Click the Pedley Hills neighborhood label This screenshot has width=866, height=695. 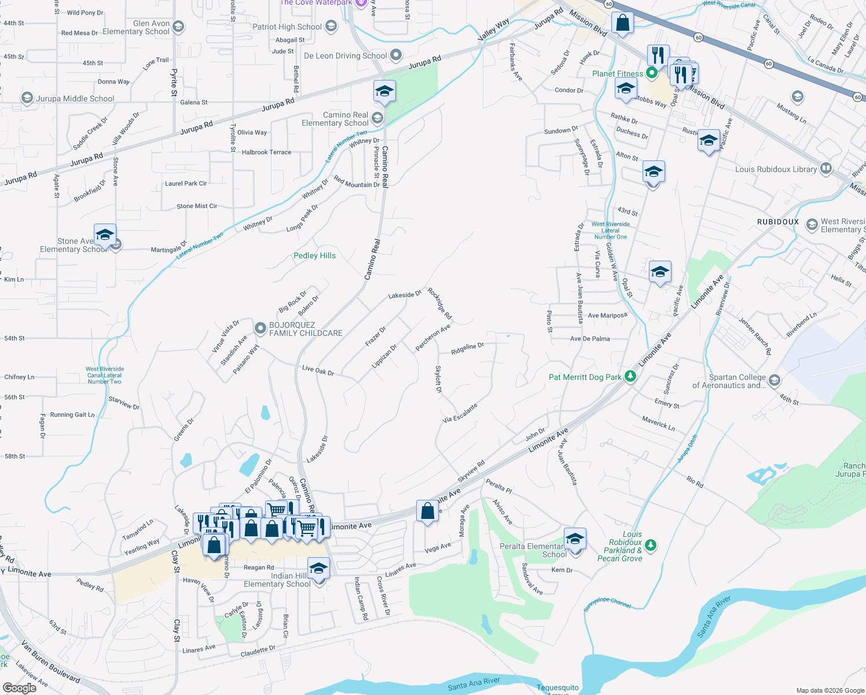314,255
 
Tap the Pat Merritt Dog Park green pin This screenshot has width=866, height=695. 630,376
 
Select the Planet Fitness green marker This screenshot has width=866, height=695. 652,73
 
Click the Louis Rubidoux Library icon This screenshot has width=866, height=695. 826,169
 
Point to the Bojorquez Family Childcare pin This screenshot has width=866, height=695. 260,328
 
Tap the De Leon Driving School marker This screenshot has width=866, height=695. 396,56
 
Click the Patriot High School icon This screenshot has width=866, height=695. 331,26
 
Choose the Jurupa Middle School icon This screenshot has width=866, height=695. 27,98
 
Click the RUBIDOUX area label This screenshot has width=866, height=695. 778,222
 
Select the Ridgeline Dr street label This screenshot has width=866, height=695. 467,349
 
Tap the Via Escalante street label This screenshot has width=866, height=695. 460,413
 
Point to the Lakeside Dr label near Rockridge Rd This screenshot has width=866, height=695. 405,295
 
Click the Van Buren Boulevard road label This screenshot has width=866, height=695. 50,660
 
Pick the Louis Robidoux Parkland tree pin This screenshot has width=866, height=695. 651,545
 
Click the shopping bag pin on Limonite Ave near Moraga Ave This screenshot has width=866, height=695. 427,511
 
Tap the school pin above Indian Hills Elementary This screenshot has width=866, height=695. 318,568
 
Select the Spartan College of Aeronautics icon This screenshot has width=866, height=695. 775,381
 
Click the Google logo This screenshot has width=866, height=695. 20,687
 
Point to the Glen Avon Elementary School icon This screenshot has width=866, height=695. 178,27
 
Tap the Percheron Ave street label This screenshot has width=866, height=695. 432,338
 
